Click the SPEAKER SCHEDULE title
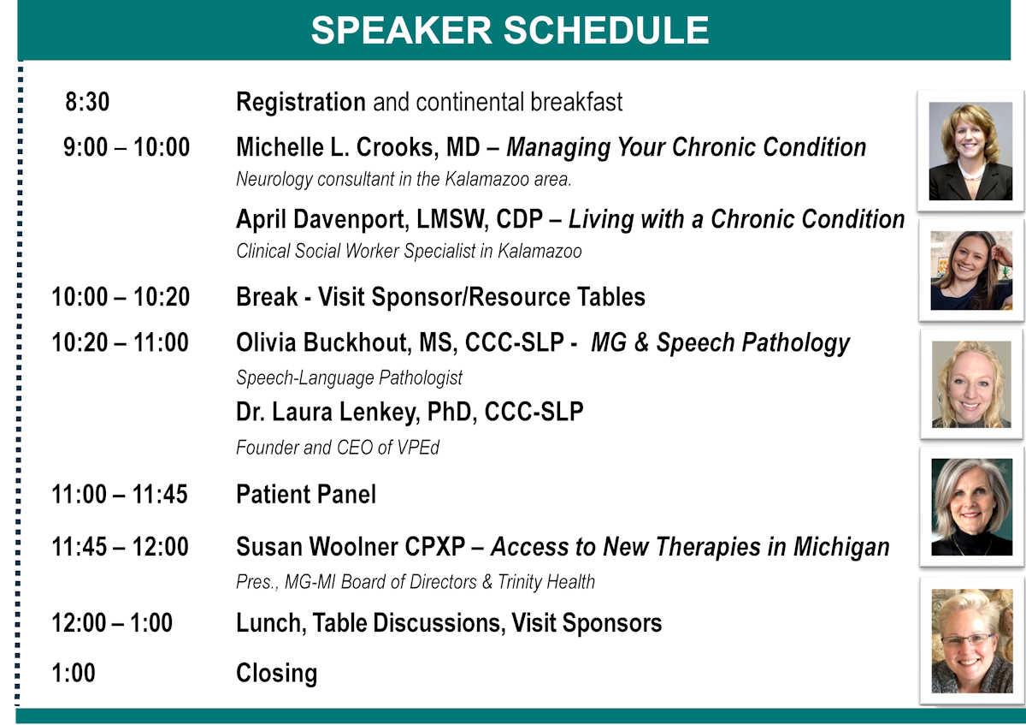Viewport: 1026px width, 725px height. (x=510, y=31)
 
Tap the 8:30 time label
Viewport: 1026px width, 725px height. (x=87, y=103)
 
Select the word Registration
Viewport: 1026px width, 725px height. (x=301, y=103)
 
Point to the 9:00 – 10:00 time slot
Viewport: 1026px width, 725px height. (x=127, y=147)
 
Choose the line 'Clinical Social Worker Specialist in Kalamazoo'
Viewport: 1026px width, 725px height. (x=409, y=252)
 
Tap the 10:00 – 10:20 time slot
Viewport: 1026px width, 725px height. (x=121, y=297)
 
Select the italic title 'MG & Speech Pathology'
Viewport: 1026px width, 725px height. (x=720, y=343)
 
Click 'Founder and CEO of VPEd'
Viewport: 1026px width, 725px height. (x=338, y=447)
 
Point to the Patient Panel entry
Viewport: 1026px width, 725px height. (x=306, y=494)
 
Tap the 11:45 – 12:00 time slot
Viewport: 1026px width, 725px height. (x=121, y=546)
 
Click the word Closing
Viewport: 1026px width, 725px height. (x=276, y=673)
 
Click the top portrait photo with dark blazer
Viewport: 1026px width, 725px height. (x=970, y=151)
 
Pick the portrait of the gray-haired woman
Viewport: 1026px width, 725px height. (x=970, y=507)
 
